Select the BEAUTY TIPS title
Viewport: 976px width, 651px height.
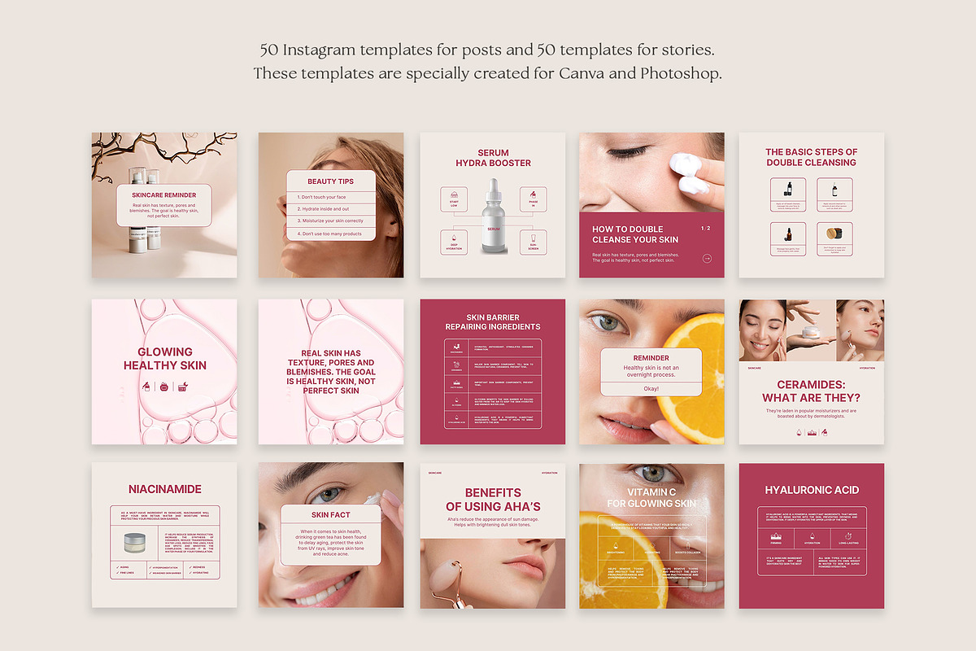tap(330, 181)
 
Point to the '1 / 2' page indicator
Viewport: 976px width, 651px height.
tap(705, 229)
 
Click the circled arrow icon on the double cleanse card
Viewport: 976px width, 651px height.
tap(707, 259)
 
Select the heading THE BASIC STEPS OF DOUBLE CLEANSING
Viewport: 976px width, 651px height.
tap(811, 157)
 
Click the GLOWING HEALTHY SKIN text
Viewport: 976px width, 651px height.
tap(165, 359)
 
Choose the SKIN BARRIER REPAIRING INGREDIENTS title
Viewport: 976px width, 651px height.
tap(492, 322)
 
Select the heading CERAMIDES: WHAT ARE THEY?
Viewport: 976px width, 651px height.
tap(811, 391)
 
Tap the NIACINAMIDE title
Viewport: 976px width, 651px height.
tap(165, 489)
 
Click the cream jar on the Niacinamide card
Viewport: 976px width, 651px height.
tap(133, 542)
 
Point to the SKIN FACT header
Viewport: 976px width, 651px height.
tap(330, 514)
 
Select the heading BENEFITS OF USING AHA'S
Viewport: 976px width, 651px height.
tap(493, 500)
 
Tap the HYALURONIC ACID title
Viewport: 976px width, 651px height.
tap(812, 490)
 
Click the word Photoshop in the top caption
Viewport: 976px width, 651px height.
tap(681, 73)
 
